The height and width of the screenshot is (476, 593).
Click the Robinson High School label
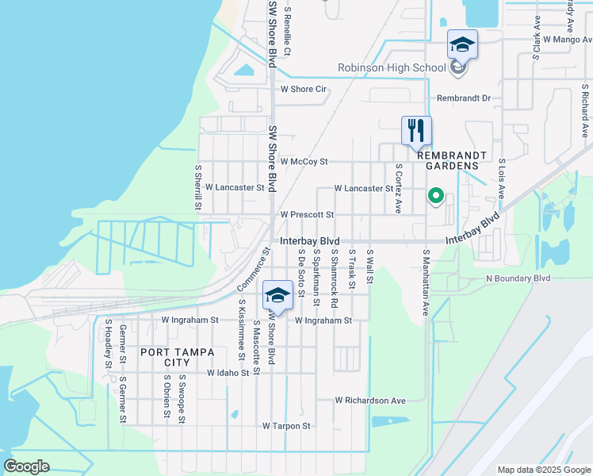[x=392, y=68]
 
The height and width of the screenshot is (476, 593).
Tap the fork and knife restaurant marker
[x=416, y=130]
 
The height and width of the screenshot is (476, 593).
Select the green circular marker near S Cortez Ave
[x=435, y=195]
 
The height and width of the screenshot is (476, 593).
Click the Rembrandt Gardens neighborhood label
[x=442, y=159]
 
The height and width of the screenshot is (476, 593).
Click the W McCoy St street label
[x=304, y=161]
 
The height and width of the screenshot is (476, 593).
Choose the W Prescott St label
[x=307, y=215]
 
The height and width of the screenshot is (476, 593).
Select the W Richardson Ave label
[x=369, y=401]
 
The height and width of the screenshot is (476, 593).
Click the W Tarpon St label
[x=287, y=426]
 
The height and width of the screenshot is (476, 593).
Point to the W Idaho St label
[x=233, y=372]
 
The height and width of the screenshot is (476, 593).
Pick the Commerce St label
[x=254, y=270]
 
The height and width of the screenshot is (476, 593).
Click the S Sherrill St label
[x=199, y=189]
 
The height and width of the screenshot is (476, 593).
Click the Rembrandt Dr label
[x=464, y=98]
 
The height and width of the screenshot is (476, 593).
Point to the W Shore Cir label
[x=304, y=89]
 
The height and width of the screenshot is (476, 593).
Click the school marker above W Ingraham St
[x=277, y=297]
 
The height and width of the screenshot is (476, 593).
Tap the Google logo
[x=26, y=466]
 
